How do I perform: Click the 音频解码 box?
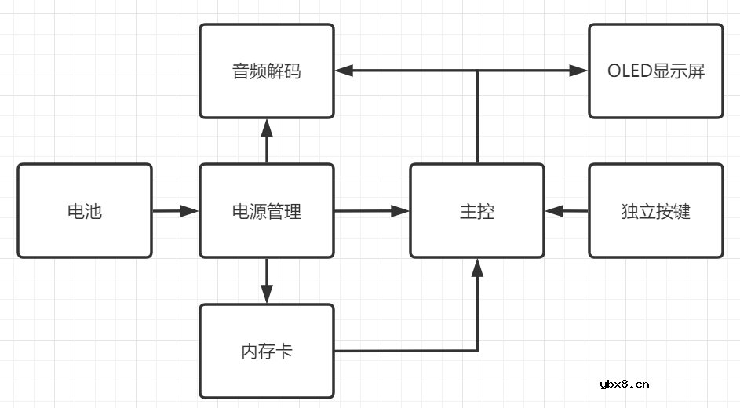tap(267, 71)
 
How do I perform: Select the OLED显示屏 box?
tap(655, 71)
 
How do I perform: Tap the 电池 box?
tap(85, 211)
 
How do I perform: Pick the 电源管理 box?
tap(267, 211)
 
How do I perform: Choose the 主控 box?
tap(476, 211)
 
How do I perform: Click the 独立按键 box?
tap(655, 211)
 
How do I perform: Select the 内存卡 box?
tap(267, 351)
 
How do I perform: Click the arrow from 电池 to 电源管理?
tap(175, 211)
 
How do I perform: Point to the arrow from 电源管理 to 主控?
tap(371, 210)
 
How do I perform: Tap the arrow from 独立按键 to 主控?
tap(566, 210)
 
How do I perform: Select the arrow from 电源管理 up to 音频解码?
tap(267, 141)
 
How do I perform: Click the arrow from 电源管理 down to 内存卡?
tap(267, 281)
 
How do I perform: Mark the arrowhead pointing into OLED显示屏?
tap(579, 71)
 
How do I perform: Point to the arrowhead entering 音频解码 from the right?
tap(344, 71)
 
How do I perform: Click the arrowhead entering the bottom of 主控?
tap(476, 268)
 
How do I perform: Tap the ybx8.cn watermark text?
tap(624, 384)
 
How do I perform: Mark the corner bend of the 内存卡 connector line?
tap(476, 350)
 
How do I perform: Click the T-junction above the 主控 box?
tap(476, 71)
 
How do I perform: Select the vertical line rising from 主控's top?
tap(476, 118)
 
